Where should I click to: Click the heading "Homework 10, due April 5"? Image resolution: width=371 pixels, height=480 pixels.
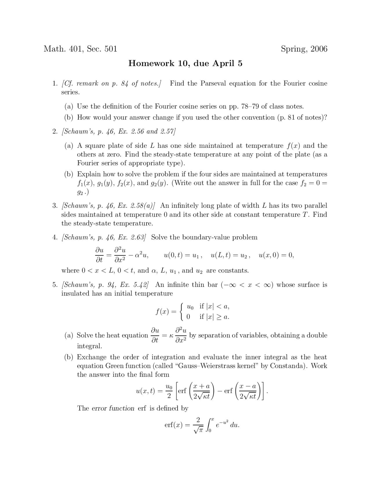[185, 63]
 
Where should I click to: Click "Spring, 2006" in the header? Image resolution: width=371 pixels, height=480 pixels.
[304, 49]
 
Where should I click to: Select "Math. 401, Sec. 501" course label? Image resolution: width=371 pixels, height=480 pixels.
[80, 49]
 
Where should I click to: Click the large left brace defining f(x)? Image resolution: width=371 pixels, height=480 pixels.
[181, 312]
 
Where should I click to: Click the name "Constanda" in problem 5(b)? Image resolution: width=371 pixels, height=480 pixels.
[287, 366]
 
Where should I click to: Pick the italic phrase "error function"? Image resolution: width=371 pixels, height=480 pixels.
[113, 408]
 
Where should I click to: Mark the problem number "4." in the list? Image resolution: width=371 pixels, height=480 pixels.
[55, 237]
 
